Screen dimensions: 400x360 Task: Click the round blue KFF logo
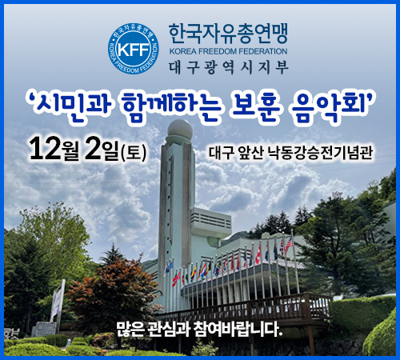(134, 49)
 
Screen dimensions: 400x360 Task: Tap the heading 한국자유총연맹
(228, 34)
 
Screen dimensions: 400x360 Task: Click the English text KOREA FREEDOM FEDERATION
(228, 51)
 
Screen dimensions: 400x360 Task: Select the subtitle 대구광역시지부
(229, 67)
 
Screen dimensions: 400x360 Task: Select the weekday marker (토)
(134, 153)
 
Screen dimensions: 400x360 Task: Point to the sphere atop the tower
(180, 129)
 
